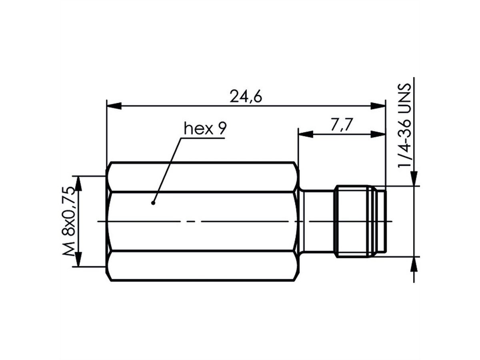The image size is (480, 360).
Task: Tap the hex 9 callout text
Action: (x=205, y=128)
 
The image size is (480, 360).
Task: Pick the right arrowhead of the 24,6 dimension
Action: (x=378, y=106)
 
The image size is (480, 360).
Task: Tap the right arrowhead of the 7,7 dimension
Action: (x=378, y=134)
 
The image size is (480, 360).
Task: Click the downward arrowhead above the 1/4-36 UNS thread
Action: (x=414, y=178)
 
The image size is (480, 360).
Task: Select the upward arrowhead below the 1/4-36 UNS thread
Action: (x=414, y=264)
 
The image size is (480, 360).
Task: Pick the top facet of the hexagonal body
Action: (x=202, y=177)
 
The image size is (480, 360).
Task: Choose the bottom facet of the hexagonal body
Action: (x=202, y=266)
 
